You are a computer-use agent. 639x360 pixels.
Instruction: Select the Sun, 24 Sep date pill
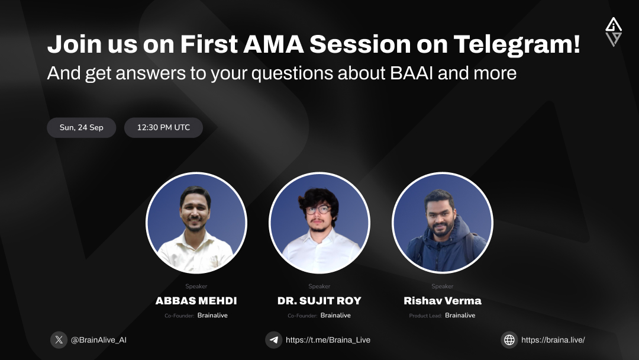click(82, 127)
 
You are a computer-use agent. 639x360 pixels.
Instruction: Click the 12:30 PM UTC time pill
click(163, 127)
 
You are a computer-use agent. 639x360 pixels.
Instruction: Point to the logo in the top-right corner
click(614, 32)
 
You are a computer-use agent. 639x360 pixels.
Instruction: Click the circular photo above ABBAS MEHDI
click(196, 223)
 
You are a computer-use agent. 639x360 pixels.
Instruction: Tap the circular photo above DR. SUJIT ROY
click(319, 223)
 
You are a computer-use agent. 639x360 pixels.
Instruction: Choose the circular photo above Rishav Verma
click(443, 223)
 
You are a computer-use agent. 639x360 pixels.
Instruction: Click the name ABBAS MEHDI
click(196, 301)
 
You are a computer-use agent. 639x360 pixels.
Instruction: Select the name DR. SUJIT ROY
click(319, 301)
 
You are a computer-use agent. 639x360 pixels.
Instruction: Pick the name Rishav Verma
click(443, 301)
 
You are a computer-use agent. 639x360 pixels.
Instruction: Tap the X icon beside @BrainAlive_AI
click(59, 340)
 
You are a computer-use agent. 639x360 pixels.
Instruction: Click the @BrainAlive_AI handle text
click(99, 340)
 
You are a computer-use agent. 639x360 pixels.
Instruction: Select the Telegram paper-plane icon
click(273, 340)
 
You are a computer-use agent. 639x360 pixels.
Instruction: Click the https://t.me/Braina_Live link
click(328, 340)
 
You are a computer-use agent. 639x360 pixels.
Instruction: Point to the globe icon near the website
click(509, 340)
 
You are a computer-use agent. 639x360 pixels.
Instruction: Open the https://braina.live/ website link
click(553, 340)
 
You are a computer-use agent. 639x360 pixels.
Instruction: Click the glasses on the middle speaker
click(318, 210)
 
